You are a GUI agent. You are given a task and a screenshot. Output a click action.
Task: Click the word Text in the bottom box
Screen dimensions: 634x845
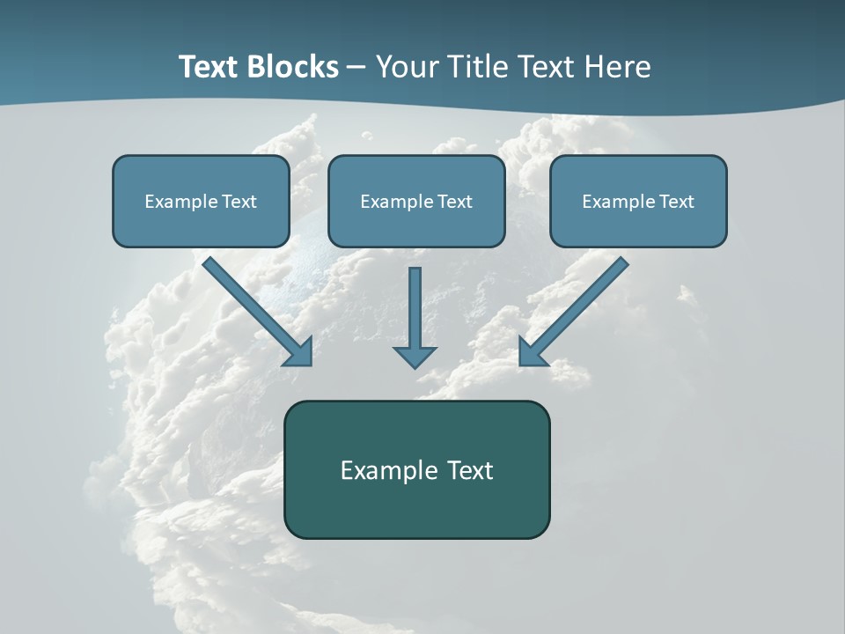click(470, 470)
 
